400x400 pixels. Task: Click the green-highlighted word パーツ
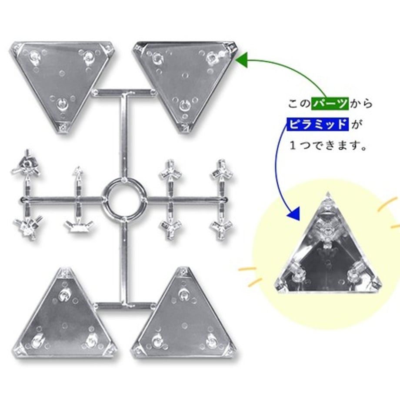click(x=330, y=103)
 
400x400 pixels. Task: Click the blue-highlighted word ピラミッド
click(x=317, y=124)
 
